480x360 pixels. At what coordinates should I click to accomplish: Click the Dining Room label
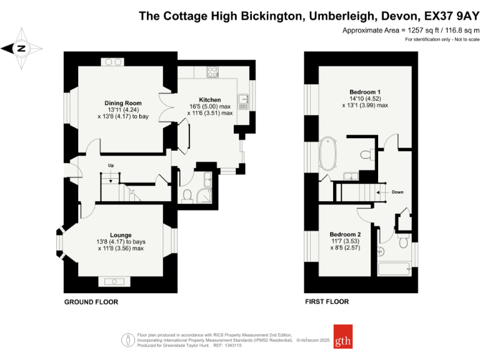(123, 103)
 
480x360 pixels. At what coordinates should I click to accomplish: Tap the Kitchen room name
(210, 100)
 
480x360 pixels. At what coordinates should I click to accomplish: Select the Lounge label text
(121, 235)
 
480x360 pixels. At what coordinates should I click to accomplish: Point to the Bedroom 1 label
(365, 92)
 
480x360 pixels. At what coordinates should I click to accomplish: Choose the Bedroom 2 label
(345, 234)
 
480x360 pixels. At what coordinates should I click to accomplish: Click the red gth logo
(343, 336)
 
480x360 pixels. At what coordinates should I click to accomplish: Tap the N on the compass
(21, 48)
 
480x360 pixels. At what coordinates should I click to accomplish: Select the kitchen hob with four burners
(212, 72)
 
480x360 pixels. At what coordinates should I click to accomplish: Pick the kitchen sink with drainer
(243, 102)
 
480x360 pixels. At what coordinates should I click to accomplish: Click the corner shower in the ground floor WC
(204, 196)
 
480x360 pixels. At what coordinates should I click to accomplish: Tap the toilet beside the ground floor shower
(187, 196)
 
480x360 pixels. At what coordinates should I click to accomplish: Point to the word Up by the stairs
(111, 165)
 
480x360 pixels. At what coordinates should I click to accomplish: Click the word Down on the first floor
(397, 192)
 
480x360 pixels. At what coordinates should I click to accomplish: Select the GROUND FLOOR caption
(91, 302)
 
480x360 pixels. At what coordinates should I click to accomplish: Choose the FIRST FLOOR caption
(327, 301)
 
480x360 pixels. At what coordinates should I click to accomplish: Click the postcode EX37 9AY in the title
(452, 16)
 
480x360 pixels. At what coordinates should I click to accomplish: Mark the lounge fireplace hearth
(114, 281)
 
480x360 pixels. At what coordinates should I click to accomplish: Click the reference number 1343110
(233, 345)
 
